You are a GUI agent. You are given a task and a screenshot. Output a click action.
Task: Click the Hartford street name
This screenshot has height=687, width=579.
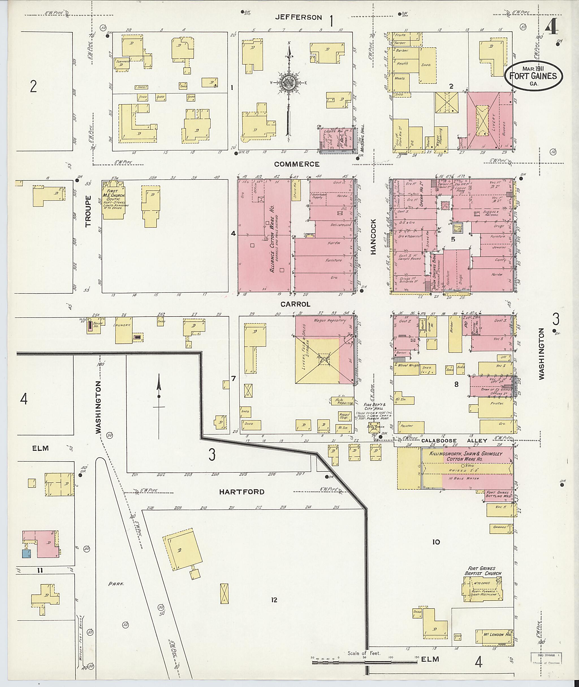click(242, 492)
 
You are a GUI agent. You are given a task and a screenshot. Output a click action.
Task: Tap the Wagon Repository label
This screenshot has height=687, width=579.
click(330, 320)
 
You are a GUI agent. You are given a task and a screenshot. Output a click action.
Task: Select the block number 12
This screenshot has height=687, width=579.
click(274, 600)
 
